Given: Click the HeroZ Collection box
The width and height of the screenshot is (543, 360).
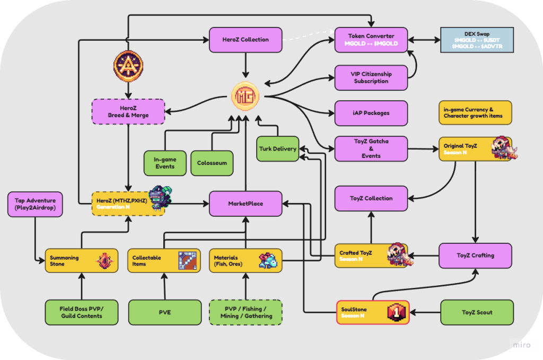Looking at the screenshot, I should [245, 40].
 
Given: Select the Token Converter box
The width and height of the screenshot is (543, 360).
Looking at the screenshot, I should [371, 40].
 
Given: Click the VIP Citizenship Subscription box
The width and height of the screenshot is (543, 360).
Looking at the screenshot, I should [371, 78].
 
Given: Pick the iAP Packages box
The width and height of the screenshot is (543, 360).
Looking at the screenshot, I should [371, 113].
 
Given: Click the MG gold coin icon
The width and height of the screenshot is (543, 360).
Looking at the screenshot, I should [245, 96].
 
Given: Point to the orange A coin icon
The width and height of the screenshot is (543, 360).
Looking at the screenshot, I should [128, 65].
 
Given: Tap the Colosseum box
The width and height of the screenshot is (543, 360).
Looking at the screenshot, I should [212, 163].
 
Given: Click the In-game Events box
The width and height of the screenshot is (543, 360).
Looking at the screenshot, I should [165, 163].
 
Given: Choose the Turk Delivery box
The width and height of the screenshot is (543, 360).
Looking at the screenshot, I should [277, 149].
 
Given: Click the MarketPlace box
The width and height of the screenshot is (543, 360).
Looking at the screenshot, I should [246, 204].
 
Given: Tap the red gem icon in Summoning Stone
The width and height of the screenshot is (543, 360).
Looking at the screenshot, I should [103, 260].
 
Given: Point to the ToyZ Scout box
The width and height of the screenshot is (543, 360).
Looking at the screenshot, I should [477, 312].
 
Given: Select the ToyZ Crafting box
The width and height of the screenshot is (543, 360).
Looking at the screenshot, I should [475, 255].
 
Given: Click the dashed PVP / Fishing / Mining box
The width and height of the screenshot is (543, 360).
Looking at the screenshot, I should [246, 312].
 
